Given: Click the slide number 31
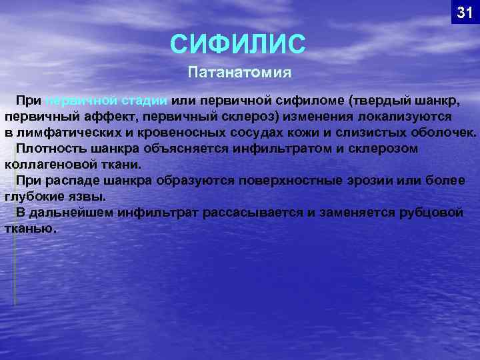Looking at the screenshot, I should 464,12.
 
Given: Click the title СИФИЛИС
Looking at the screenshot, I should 238,45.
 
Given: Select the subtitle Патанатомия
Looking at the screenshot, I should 241,71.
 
